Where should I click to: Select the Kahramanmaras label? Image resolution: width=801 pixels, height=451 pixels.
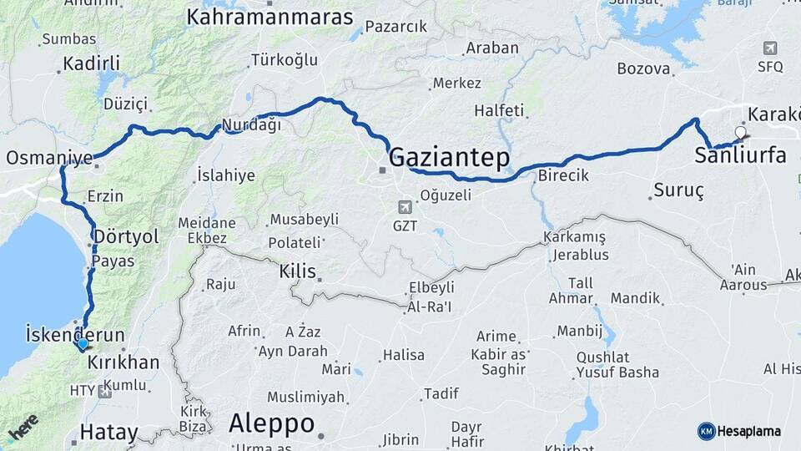coord(270,16)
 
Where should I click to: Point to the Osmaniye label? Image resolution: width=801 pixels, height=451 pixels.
coord(49,158)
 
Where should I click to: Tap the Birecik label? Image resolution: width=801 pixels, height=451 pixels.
coord(563,176)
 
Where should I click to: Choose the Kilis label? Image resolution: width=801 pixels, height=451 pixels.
coord(298,271)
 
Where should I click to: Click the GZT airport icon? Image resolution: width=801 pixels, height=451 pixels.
coord(406,206)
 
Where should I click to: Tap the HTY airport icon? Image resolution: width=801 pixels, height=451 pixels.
coord(104,390)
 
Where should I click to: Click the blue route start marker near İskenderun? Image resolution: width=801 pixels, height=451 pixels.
coord(82,343)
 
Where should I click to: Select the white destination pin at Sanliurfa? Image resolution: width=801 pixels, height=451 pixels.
coord(740,132)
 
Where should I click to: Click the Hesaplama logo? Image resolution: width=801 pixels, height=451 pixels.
coord(739,431)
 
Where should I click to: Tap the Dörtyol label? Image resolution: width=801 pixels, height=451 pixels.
coord(126,236)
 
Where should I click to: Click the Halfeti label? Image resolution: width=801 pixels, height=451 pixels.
coord(499,110)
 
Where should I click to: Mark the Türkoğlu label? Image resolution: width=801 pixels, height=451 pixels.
coord(285,60)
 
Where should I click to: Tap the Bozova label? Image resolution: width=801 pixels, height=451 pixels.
coord(644,69)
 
